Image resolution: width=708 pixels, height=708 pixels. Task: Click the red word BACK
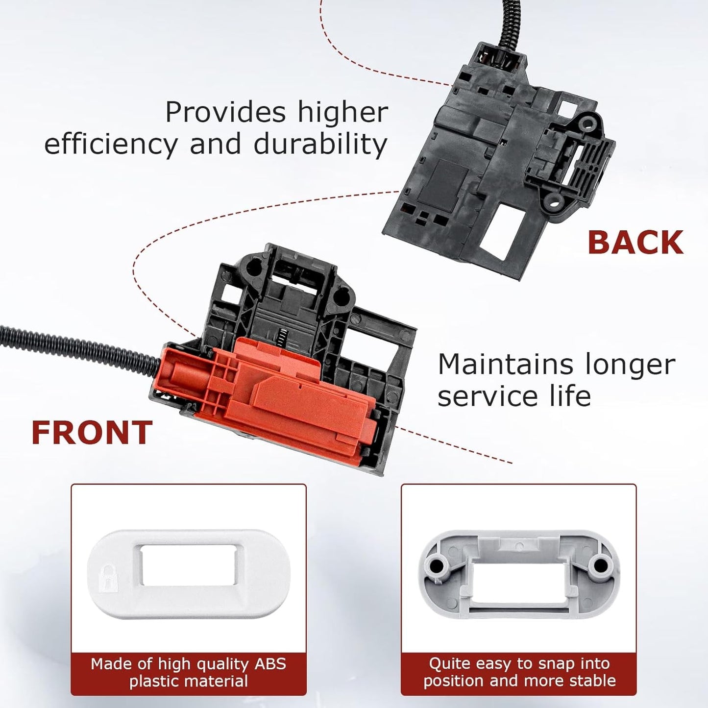[635, 243]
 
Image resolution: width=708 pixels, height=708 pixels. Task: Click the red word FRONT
[92, 433]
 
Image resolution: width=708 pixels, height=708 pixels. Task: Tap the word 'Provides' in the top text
[225, 112]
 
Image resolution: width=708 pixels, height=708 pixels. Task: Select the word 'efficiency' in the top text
[111, 145]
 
